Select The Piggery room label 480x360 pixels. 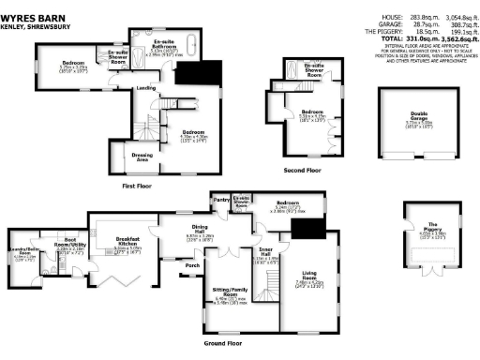[432, 226]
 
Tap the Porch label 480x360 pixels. [193, 265]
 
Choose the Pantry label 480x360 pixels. [221, 201]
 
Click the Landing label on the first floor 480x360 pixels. [145, 88]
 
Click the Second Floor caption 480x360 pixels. [302, 171]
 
